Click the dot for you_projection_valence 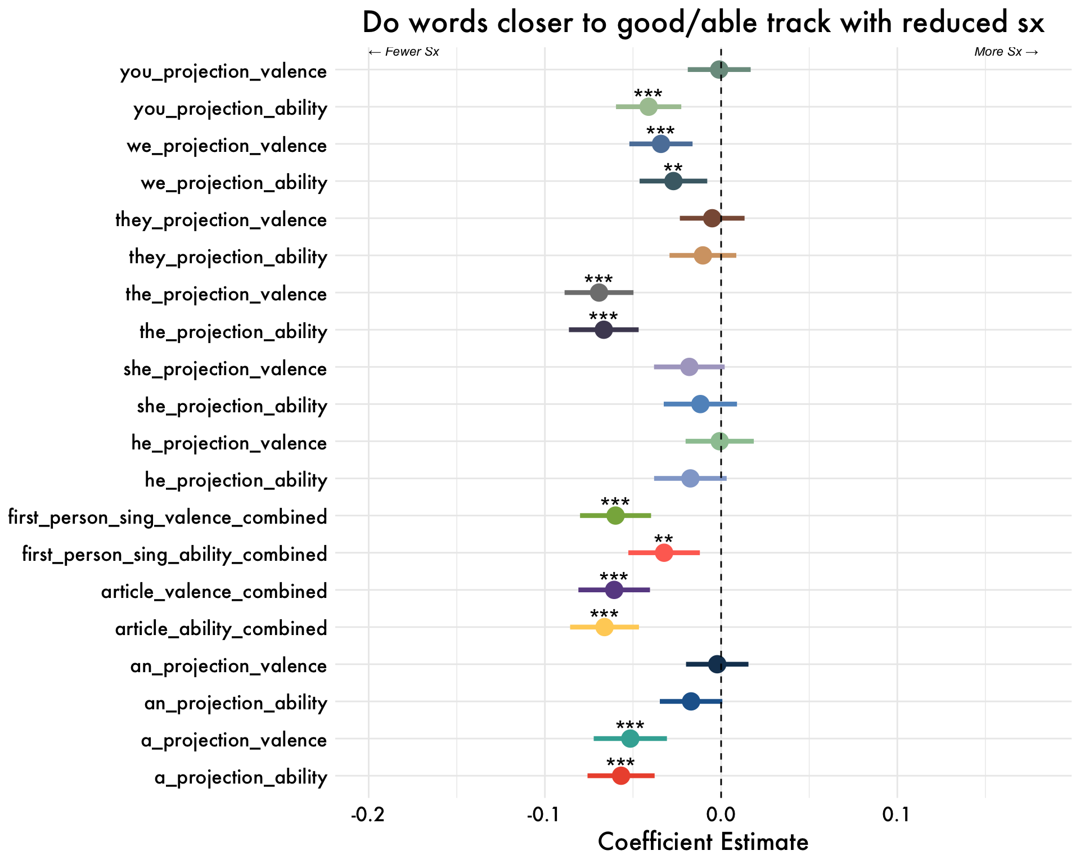[x=719, y=70]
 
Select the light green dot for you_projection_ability [x=649, y=107]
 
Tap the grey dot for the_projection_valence [x=599, y=292]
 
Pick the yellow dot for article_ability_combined [x=604, y=627]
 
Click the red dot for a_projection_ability [x=620, y=776]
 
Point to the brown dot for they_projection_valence [x=712, y=218]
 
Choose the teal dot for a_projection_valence [x=630, y=739]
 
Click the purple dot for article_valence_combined [x=614, y=590]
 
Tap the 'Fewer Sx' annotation [x=404, y=52]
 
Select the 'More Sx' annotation [x=1006, y=52]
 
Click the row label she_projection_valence [x=225, y=369]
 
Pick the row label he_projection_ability [x=236, y=480]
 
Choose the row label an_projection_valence [x=228, y=666]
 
